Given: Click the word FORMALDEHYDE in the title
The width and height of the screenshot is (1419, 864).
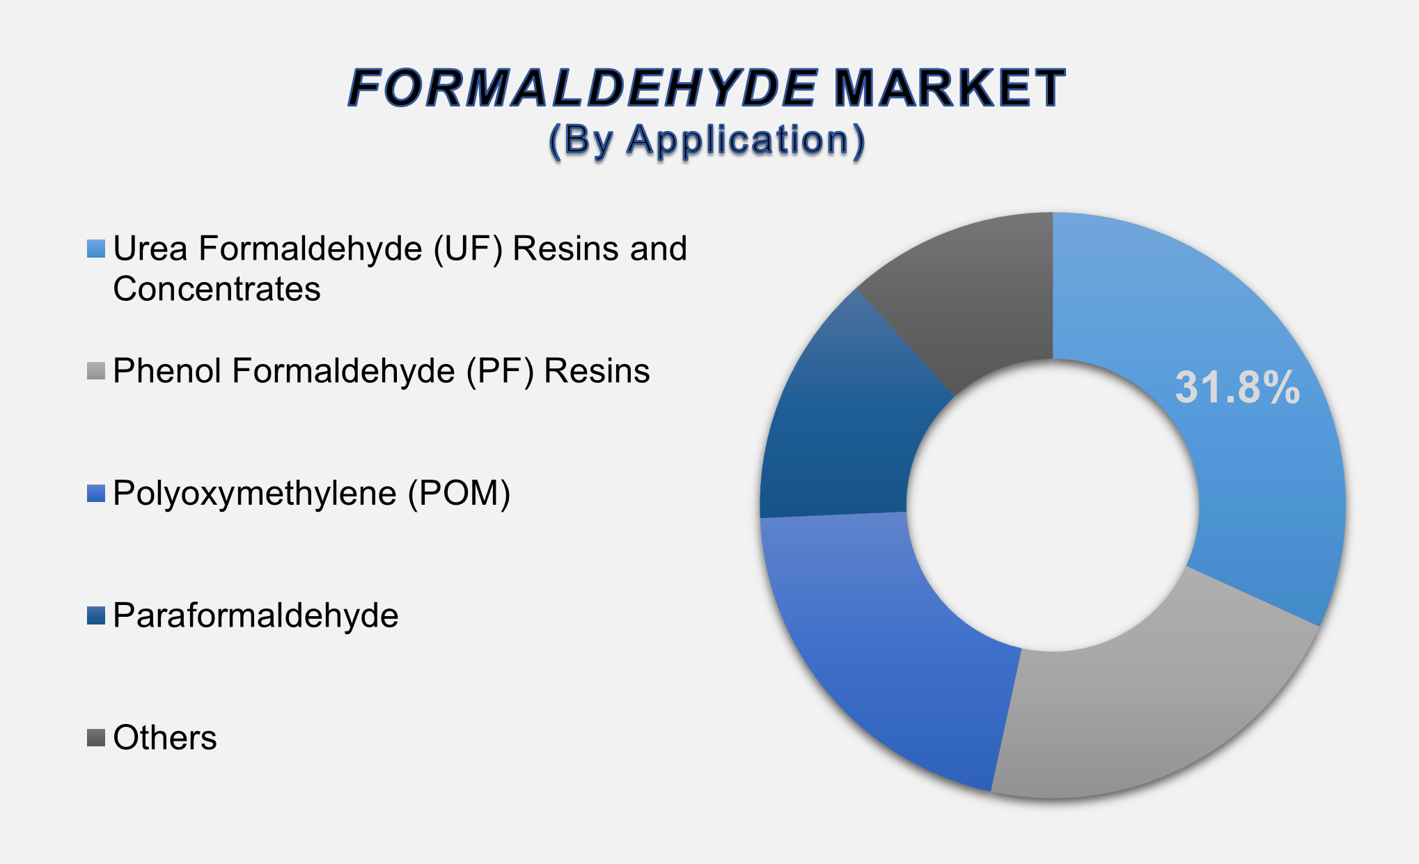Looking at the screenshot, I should (582, 88).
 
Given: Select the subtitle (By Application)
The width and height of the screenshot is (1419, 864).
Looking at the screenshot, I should (707, 141).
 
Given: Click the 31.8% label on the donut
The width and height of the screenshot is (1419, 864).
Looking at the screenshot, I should (1237, 388).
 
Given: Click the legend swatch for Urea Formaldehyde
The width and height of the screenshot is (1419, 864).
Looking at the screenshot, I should (96, 249).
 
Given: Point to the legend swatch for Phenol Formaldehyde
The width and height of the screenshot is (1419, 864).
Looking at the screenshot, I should (96, 371).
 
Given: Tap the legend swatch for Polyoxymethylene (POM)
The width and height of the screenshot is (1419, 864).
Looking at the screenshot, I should (96, 494).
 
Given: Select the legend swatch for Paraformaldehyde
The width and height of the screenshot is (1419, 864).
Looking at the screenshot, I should (96, 615).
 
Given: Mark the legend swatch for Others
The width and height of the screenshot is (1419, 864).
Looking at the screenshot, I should (96, 738).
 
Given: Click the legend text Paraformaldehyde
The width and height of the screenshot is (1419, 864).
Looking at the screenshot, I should (256, 615).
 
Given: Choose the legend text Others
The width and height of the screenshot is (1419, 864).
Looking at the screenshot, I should (165, 738).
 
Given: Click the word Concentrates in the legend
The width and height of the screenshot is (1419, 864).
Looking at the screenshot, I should (217, 289).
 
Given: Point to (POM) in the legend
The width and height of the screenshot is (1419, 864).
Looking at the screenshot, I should (459, 494).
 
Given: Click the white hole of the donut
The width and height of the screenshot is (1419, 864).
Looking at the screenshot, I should (1053, 505).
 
